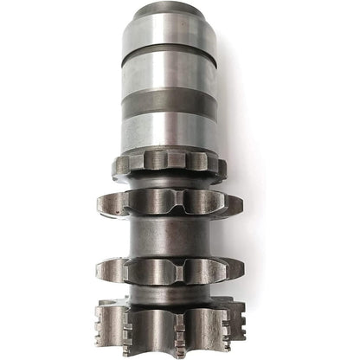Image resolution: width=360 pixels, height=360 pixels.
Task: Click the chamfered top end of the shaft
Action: click(169, 10)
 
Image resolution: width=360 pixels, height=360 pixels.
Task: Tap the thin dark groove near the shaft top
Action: click(169, 48)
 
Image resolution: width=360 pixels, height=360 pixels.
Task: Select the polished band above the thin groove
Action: click(169, 30)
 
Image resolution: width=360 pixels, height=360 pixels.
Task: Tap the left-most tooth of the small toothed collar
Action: click(122, 164)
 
